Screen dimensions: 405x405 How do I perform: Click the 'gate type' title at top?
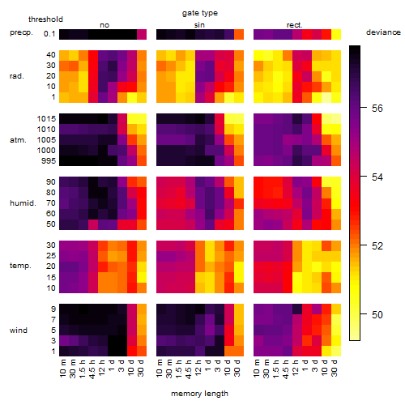pos(200,13)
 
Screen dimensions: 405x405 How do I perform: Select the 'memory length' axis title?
pos(199,394)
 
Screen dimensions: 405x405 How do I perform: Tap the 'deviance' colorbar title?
pos(383,32)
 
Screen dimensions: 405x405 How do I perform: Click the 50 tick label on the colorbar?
pos(377,315)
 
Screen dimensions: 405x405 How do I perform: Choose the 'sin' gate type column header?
pos(199,25)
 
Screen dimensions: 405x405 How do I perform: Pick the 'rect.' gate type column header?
pos(294,25)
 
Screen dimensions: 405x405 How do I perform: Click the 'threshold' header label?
pos(45,19)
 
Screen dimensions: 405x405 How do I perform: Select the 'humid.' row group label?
pos(23,203)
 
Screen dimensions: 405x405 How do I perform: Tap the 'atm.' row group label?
pos(18,140)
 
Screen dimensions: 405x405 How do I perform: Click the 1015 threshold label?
pos(46,119)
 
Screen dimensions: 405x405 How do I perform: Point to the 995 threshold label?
pos(49,161)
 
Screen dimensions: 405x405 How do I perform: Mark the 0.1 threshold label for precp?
pos(49,34)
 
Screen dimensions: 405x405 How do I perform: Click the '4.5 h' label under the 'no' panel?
pos(92,369)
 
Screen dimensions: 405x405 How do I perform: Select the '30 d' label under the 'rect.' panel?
pos(335,368)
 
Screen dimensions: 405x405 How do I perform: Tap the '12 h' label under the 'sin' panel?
pos(198,368)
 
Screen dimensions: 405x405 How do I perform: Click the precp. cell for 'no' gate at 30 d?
pos(142,35)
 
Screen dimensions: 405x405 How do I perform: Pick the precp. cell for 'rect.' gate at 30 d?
pos(336,35)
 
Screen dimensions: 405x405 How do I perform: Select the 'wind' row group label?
pos(19,330)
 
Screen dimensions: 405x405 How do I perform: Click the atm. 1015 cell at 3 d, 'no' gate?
pos(122,119)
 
